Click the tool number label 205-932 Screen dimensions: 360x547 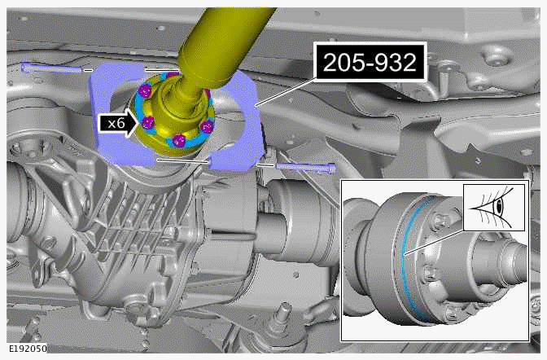(370, 61)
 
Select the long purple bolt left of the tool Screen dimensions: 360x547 (54, 68)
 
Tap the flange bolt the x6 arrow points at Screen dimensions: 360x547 (149, 123)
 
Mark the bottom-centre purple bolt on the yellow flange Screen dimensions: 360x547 (177, 138)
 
